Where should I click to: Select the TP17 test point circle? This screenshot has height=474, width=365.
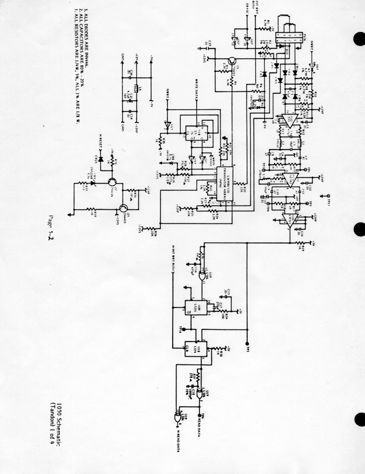tap(328, 196)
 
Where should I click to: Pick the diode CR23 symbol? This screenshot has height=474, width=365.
tap(101, 159)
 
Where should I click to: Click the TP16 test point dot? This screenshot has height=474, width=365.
tap(184, 329)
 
